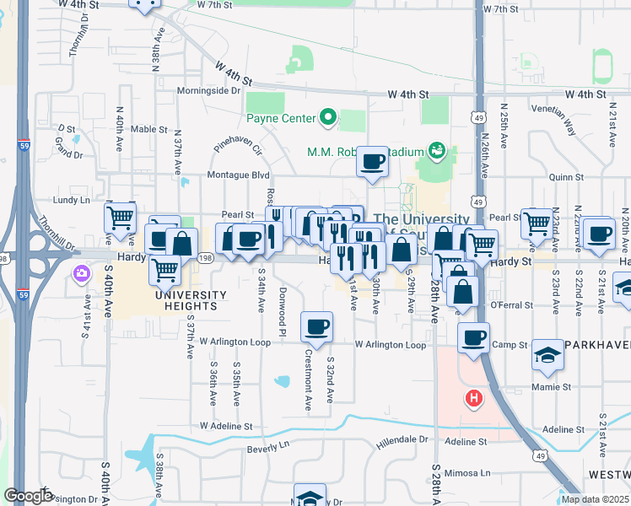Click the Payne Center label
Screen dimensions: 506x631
[282, 118]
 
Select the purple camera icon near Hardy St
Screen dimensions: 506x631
[81, 273]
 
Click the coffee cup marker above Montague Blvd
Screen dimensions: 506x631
[372, 161]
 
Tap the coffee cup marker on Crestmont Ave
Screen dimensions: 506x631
[316, 326]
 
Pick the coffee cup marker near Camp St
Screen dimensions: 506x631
[473, 337]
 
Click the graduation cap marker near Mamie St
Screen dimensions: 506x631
[547, 355]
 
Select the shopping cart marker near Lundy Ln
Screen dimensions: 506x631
[120, 218]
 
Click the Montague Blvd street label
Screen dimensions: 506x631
[240, 175]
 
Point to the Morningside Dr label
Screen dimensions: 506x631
[209, 91]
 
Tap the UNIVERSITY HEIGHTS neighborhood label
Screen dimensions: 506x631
[191, 300]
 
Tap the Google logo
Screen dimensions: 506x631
[28, 496]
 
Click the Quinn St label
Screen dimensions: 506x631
[566, 178]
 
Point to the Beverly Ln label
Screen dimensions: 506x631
[269, 447]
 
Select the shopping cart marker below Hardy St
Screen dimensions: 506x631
[165, 271]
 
